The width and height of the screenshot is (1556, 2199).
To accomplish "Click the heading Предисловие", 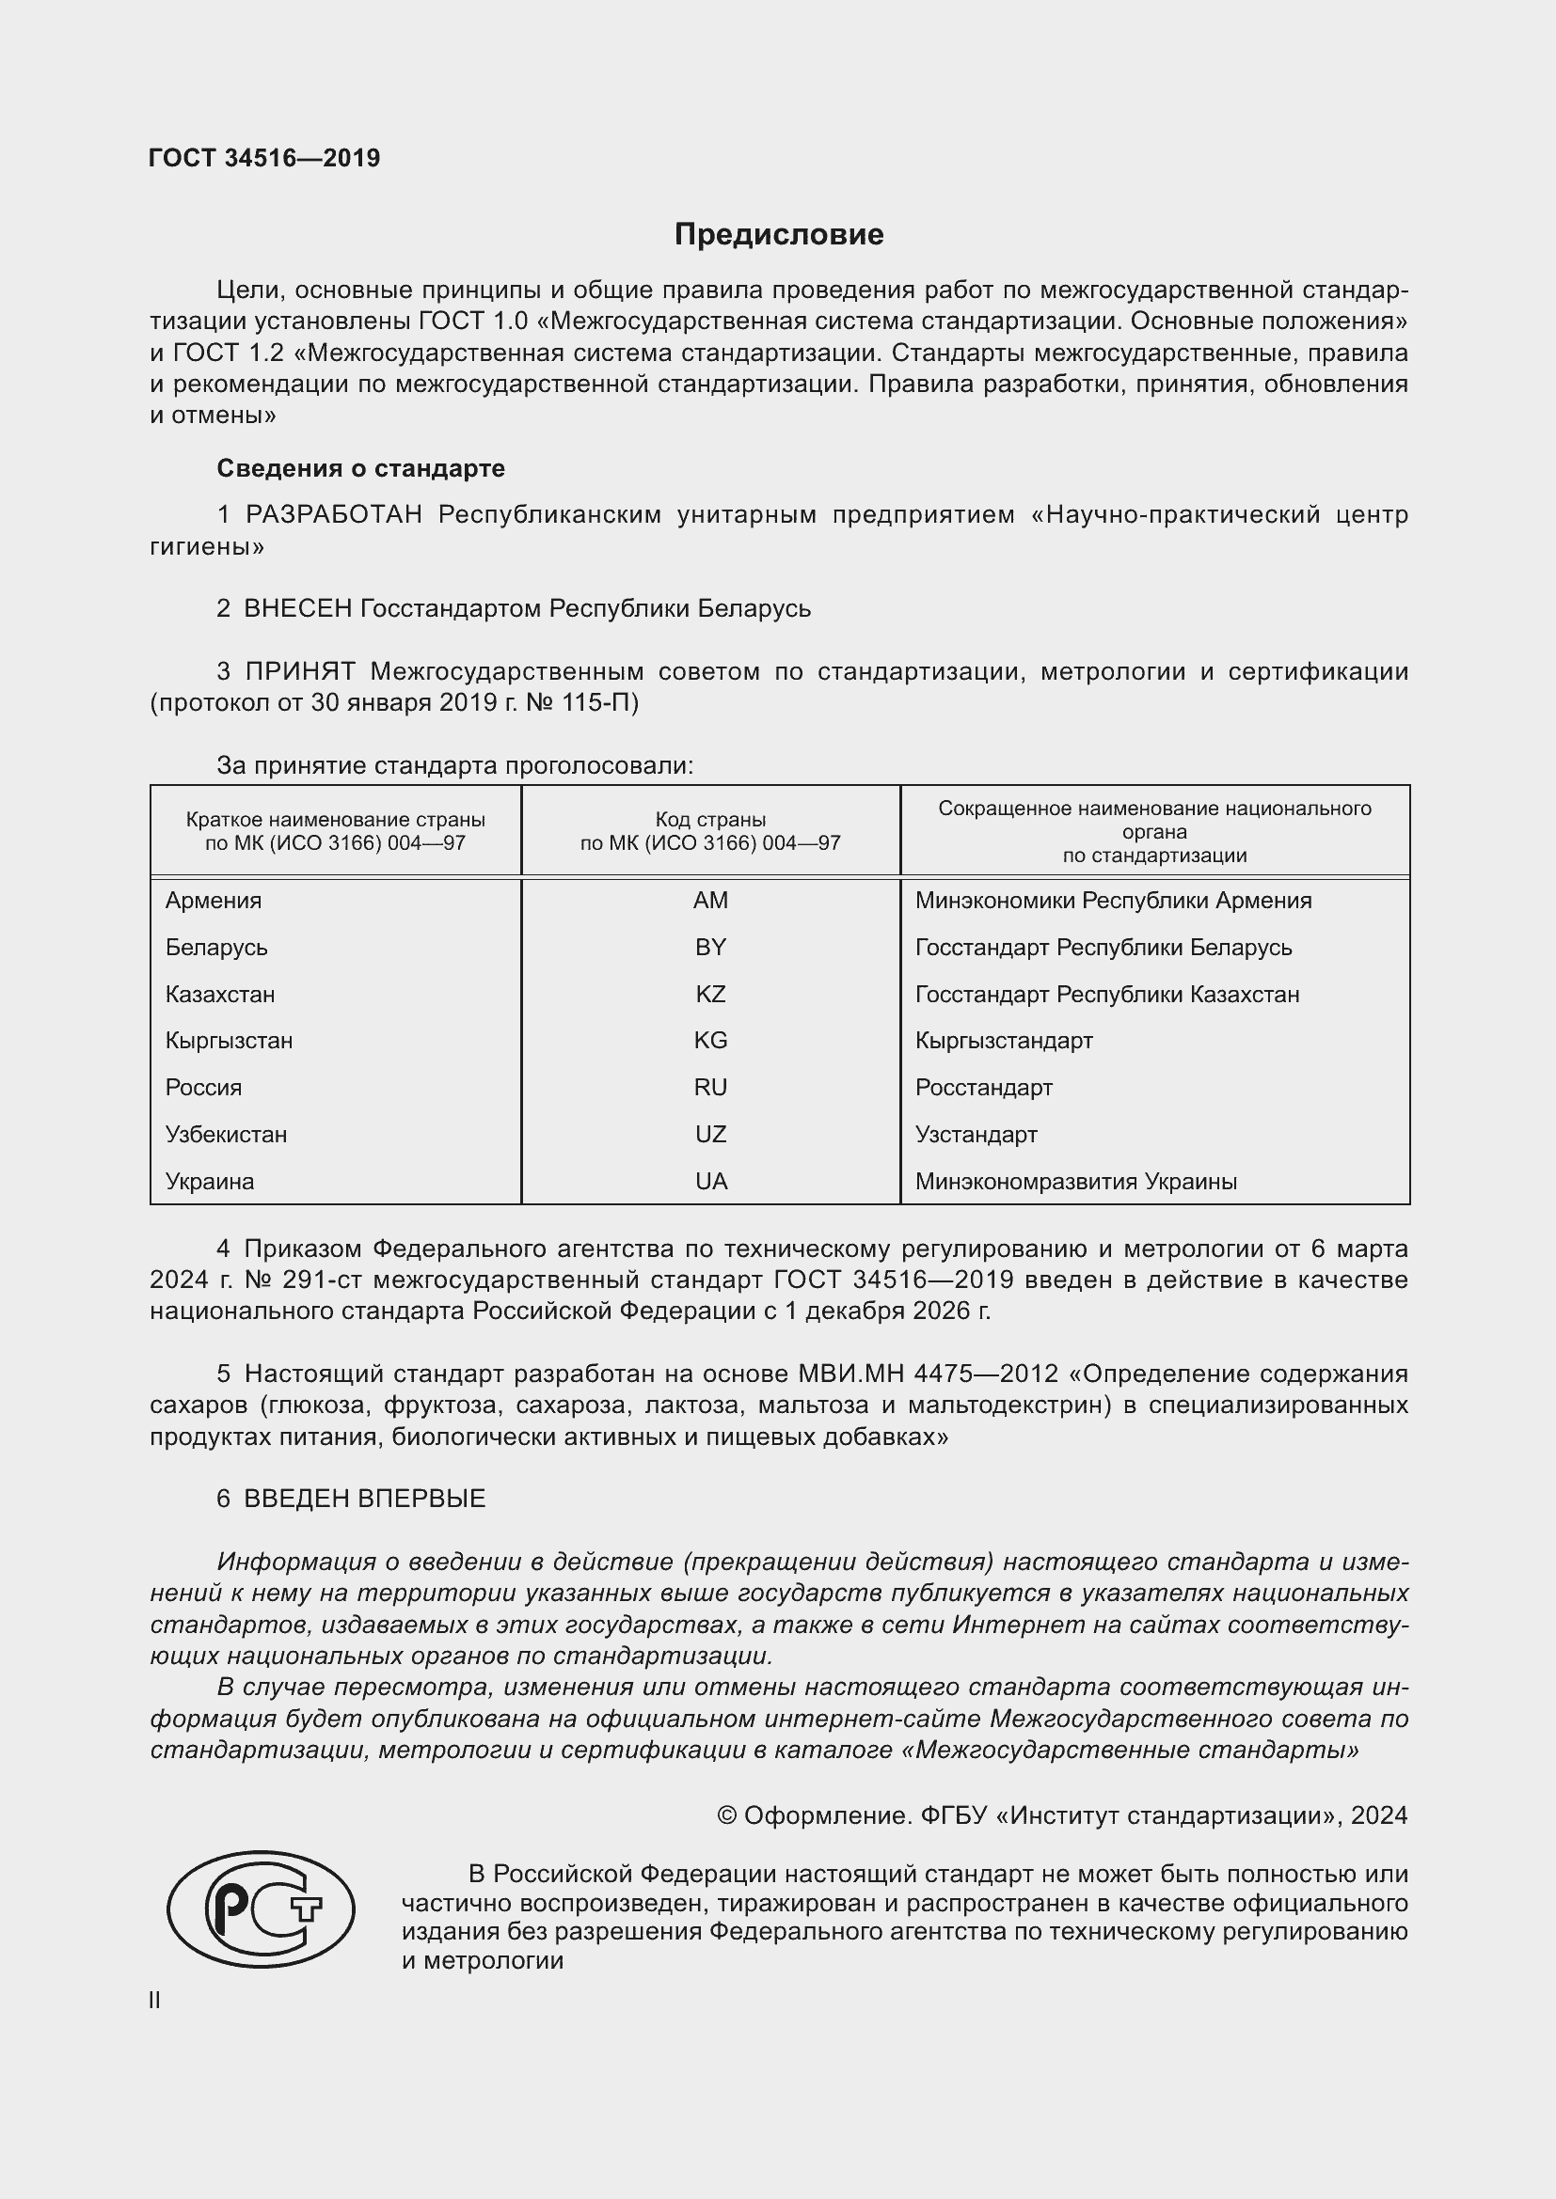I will coord(778,235).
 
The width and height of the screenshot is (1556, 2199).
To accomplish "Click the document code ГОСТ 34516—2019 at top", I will coord(264,158).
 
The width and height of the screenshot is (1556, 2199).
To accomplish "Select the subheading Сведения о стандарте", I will coord(360,468).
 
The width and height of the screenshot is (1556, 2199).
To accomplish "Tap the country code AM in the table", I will coord(710,901).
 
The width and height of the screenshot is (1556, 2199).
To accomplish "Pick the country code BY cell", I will coord(710,948).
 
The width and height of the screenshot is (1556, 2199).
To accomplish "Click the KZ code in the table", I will coord(710,994).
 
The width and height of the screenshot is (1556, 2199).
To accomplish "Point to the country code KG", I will coord(710,1040).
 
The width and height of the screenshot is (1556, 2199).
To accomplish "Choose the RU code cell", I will coord(710,1087).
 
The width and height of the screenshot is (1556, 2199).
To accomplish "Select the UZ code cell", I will coord(710,1134).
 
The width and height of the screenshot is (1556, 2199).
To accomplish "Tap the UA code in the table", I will coord(710,1181).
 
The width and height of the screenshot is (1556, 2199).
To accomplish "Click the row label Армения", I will coord(213,901).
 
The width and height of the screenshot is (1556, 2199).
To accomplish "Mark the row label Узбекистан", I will coord(226,1134).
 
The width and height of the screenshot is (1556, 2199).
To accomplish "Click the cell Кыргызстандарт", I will coord(1003,1040).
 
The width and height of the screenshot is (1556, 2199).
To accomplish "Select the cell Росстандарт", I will coord(983,1087).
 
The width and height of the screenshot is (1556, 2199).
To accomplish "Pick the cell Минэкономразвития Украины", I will coord(1075,1181).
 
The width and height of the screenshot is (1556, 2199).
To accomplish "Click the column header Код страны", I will coord(710,820).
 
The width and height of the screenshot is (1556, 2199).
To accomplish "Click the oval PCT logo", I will coord(261,1908).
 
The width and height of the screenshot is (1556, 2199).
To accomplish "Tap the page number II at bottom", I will coord(155,2001).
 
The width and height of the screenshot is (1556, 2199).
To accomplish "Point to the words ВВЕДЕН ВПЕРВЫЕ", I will coord(364,1499).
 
